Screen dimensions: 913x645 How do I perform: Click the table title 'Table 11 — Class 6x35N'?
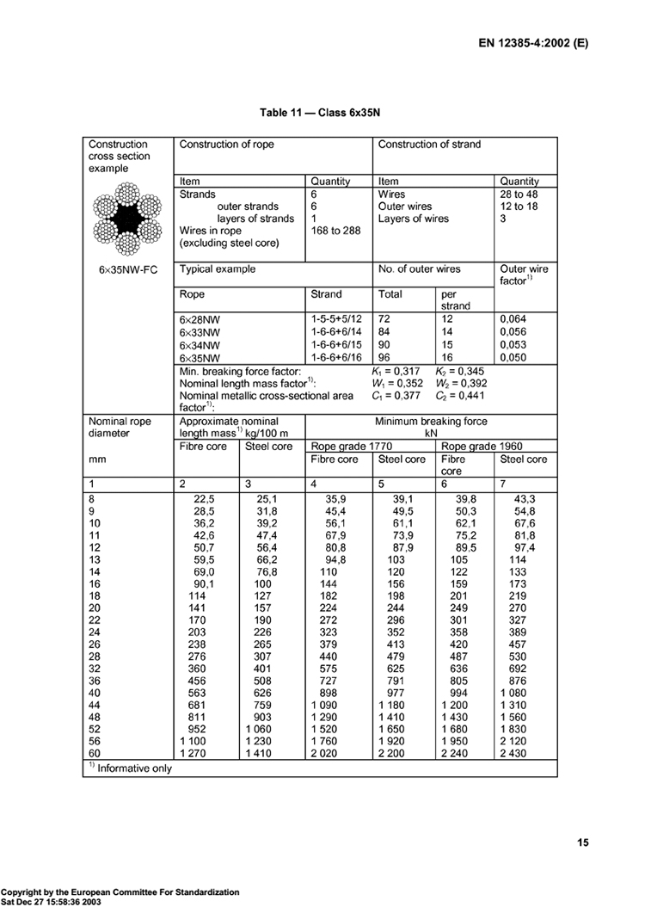pos(322,113)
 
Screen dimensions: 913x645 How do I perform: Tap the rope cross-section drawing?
pos(128,219)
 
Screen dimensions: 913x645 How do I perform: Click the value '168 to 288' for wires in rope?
pos(336,231)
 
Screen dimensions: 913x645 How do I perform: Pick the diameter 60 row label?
pos(95,756)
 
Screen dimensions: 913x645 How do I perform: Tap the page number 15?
pos(581,843)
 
